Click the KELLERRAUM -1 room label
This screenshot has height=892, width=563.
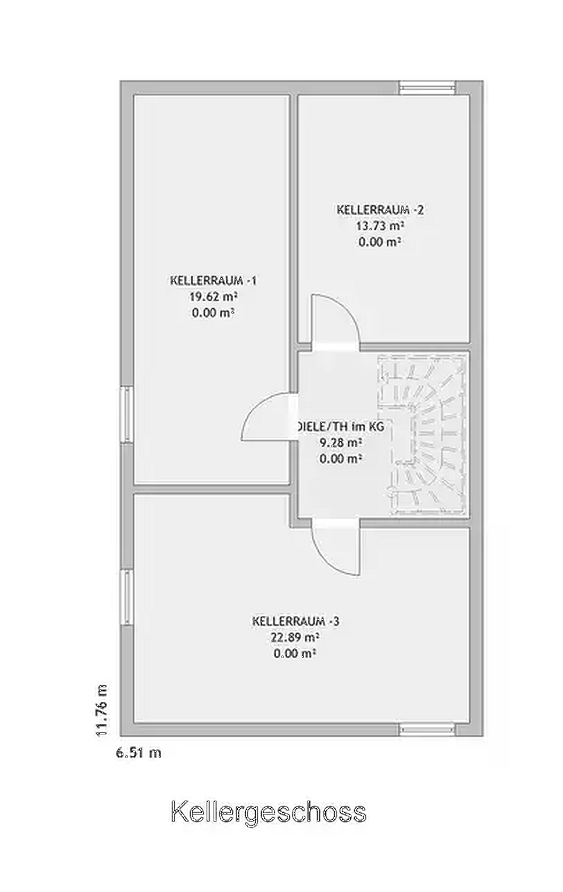coord(214,280)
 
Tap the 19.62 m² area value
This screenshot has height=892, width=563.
coord(213,297)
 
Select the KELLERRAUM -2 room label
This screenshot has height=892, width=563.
coord(380,209)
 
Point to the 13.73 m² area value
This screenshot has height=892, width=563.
coord(379,226)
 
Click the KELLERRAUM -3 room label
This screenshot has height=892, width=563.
coord(295,621)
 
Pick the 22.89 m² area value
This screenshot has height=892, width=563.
coord(295,637)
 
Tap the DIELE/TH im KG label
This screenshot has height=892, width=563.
coord(340,427)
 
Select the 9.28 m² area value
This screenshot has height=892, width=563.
coord(340,443)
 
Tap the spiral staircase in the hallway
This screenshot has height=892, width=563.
coord(422,435)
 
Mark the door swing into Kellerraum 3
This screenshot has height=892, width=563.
coord(336,547)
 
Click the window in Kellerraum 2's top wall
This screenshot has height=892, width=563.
coord(427,87)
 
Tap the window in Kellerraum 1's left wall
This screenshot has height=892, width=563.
coord(127,414)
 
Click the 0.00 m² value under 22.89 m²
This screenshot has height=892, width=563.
coord(295,653)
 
